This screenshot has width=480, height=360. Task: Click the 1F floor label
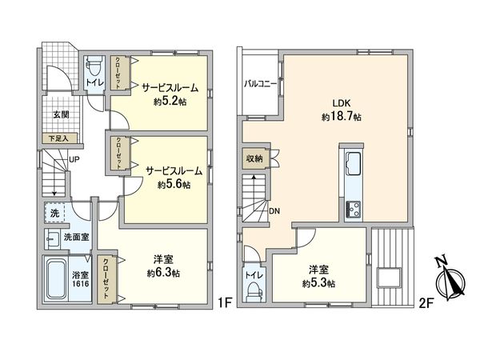coord(225,303)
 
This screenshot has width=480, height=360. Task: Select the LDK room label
coord(342,102)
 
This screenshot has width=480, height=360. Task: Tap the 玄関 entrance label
coord(61,114)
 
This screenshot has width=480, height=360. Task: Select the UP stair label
coord(74,158)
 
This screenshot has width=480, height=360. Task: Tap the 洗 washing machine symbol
coord(54,214)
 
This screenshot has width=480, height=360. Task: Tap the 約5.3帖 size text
coord(318,283)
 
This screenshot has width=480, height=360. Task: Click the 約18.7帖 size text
coord(342,117)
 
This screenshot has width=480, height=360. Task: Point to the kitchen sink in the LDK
coord(354,167)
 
